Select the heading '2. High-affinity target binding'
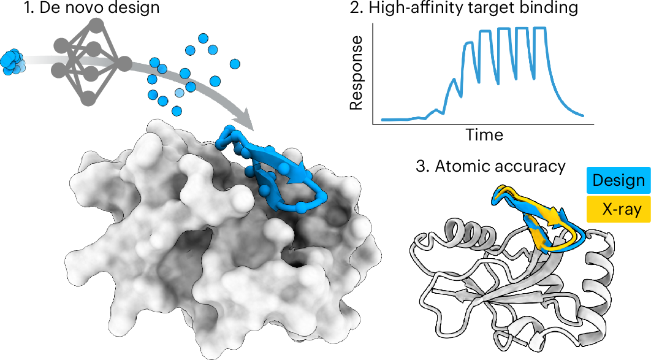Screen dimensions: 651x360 [464, 8]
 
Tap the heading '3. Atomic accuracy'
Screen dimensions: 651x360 [490, 166]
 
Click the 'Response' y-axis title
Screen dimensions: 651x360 [356, 72]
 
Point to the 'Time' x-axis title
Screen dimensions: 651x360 [484, 134]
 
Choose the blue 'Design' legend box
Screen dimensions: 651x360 [619, 180]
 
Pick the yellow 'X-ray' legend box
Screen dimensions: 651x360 [619, 209]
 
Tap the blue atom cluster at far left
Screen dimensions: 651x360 [12, 63]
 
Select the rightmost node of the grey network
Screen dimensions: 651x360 [124, 64]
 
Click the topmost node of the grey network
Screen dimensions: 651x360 [96, 24]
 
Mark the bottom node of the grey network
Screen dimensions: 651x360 [88, 99]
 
